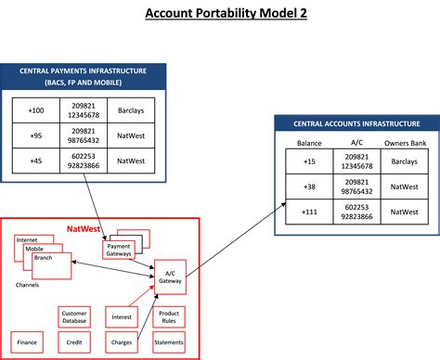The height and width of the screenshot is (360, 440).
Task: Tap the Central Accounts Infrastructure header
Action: [356, 123]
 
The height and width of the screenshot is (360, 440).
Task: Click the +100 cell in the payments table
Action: [36, 110]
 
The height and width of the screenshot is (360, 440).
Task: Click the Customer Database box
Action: [74, 317]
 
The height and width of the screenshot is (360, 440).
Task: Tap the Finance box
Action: [27, 342]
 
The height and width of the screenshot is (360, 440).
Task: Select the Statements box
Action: [168, 342]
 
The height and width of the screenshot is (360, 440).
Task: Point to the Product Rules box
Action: [168, 317]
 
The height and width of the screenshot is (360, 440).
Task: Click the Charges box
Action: [121, 342]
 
